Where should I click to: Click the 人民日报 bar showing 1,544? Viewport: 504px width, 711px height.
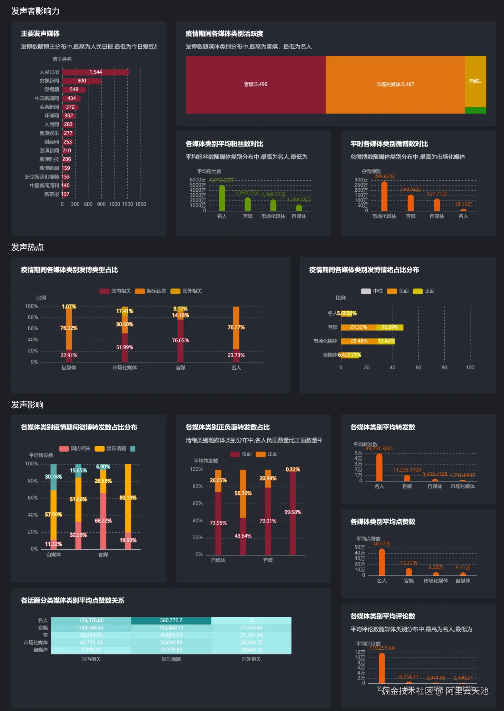pos(96,72)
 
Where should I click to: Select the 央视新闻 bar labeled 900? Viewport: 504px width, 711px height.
pos(82,81)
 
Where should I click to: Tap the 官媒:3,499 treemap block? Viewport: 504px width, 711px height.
pos(256,84)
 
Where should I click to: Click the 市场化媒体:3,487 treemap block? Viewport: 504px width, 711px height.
pos(395,84)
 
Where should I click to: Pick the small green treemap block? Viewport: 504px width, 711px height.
pos(475,110)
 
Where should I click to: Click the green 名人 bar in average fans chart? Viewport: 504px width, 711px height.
pos(222,198)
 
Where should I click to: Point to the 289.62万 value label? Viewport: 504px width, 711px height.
pos(384,177)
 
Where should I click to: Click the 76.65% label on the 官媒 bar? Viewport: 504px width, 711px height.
pos(180,340)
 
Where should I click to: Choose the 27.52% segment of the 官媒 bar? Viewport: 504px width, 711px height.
pos(358,327)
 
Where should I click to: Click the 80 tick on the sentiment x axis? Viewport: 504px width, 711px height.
pos(444,368)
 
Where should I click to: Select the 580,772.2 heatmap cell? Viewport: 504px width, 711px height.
pos(171,620)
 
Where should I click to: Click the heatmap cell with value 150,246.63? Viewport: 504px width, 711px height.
pos(91,628)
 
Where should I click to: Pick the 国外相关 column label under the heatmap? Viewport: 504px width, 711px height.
pos(251,659)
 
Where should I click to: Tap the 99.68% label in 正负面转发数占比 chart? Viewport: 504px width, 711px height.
pos(293,512)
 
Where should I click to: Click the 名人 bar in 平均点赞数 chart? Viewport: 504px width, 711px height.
pos(382,562)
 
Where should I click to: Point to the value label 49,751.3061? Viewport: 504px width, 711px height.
pos(379,448)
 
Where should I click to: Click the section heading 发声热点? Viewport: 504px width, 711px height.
pos(28,247)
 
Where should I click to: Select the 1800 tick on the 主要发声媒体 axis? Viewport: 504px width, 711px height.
pos(140,204)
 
